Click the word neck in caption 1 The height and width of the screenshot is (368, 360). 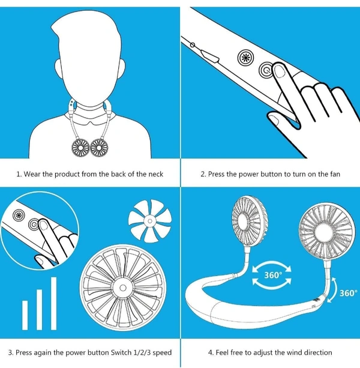coord(156,174)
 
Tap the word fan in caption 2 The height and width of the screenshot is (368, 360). coord(335,174)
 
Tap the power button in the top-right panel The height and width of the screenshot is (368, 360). coord(266,70)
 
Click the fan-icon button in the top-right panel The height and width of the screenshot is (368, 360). coord(246,57)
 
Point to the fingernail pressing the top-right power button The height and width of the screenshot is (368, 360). coord(280,71)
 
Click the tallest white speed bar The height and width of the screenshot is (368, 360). coord(54,303)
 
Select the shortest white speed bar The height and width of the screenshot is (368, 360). coord(25,315)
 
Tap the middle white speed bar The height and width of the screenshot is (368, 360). coord(39,310)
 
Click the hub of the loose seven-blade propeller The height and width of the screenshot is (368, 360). coord(149,220)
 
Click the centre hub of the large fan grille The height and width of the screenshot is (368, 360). coord(122,288)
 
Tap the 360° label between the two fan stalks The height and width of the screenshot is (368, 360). coord(272,275)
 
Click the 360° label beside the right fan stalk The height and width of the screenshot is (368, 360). coord(348,293)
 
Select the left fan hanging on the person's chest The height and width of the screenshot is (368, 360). coord(80,148)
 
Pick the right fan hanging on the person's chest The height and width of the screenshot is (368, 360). coord(99,148)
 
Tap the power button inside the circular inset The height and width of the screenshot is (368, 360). coord(34,224)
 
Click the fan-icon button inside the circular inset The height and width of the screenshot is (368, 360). coord(19,215)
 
